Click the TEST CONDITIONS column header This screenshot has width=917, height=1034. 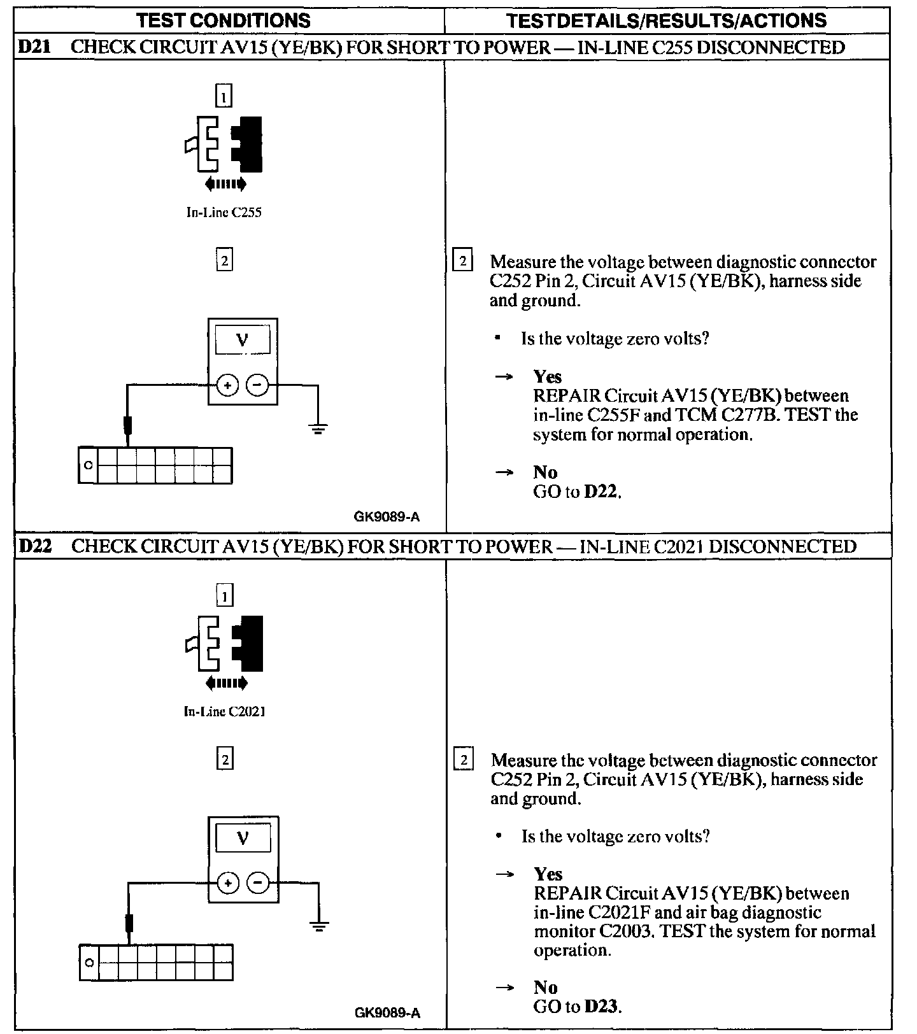pyautogui.click(x=224, y=20)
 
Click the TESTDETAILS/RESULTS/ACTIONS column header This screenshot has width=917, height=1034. pyautogui.click(x=666, y=20)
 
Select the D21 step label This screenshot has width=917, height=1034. pyautogui.click(x=36, y=47)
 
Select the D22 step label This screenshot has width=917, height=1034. pyautogui.click(x=36, y=546)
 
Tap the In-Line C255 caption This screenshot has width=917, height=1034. pyautogui.click(x=224, y=213)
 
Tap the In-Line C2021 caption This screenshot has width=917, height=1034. pyautogui.click(x=224, y=711)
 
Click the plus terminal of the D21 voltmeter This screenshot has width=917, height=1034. pyautogui.click(x=227, y=385)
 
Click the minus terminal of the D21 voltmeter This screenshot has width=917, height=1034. pyautogui.click(x=257, y=385)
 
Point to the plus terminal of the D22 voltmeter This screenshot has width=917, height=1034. pyautogui.click(x=227, y=882)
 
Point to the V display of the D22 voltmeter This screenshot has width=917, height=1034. pyautogui.click(x=242, y=839)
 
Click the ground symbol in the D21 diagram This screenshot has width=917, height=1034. pyautogui.click(x=318, y=428)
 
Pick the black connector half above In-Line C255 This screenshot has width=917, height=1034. pyautogui.click(x=248, y=145)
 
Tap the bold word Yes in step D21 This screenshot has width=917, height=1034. pyautogui.click(x=548, y=376)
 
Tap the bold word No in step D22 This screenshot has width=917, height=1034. pyautogui.click(x=546, y=987)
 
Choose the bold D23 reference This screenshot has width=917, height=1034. pyautogui.click(x=602, y=1007)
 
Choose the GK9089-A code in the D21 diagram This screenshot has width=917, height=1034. pyautogui.click(x=387, y=516)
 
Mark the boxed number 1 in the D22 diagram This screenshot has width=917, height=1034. pyautogui.click(x=225, y=596)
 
